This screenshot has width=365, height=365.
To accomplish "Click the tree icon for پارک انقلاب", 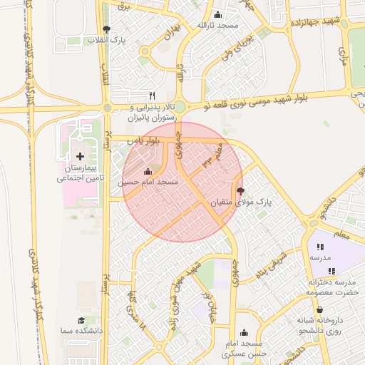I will pos(106,29).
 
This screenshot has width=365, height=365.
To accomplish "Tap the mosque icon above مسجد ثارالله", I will pos(217,15).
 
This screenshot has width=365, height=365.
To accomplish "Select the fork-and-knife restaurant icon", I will pos(151,95).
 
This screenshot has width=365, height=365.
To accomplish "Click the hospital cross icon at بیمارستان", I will pos(80,155).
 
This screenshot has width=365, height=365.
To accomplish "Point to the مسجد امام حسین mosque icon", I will pos(148,172).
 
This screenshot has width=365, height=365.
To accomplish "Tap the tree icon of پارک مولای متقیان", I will pos(240,191).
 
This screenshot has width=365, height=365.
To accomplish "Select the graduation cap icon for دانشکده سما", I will pos(81,321).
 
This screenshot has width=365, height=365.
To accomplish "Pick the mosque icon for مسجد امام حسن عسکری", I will pos(245,332).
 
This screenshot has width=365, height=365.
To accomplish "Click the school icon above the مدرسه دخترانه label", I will pos(331,271).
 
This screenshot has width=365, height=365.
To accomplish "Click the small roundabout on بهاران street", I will pos(145,51).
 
